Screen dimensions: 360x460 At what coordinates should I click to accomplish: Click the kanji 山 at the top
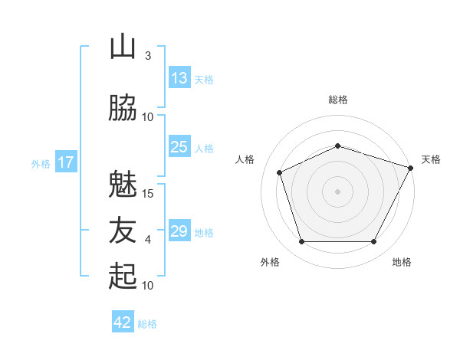pos(123,47)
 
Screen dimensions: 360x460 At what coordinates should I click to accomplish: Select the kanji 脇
pos(123,108)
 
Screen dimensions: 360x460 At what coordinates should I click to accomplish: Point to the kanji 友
pos(123,231)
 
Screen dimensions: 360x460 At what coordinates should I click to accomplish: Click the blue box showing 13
pos(179,78)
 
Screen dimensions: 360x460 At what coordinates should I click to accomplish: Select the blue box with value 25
pos(179,147)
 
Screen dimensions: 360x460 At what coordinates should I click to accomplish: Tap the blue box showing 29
pos(179,231)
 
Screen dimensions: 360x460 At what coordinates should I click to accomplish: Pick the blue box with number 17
pos(66,162)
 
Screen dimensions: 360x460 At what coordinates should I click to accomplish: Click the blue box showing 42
pos(123,322)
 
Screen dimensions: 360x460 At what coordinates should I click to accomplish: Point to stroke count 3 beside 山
pos(147,56)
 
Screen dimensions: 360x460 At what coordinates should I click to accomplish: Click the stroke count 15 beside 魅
pos(148,193)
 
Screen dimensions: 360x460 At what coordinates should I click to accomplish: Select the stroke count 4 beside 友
pos(147,240)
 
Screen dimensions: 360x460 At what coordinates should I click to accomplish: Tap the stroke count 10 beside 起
pos(148,286)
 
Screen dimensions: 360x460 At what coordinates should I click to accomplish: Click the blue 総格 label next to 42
pos(147,324)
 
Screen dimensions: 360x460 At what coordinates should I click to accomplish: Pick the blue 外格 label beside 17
pos(41,163)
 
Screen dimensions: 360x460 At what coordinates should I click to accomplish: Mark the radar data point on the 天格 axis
pos(411,167)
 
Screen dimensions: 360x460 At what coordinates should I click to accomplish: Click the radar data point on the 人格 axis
pos(280,172)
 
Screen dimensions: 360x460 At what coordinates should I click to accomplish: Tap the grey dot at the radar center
pos(337,191)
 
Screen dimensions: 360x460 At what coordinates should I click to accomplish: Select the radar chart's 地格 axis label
pos(402,262)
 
